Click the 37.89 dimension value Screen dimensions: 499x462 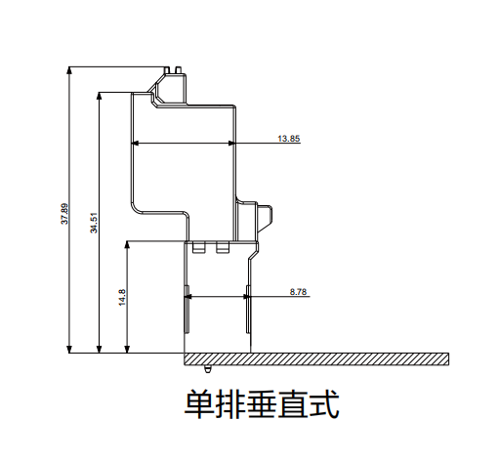[64, 214]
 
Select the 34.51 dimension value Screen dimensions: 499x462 [94, 223]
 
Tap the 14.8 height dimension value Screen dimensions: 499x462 [122, 297]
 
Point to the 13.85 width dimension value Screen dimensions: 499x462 [288, 139]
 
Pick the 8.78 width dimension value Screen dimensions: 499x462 [298, 292]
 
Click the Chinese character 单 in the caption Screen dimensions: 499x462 [199, 404]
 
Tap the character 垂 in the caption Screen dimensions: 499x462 [262, 404]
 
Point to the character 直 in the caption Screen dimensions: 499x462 [293, 404]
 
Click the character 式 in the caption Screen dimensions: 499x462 [324, 404]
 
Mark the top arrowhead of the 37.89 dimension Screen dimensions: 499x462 [69, 70]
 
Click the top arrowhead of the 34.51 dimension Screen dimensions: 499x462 [100, 97]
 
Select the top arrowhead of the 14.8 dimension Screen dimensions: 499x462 [127, 245]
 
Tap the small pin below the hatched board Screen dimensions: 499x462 [208, 369]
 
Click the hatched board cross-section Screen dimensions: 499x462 [316, 358]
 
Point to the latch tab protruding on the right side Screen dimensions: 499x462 [265, 219]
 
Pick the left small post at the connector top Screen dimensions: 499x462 [167, 70]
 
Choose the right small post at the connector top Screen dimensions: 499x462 [178, 70]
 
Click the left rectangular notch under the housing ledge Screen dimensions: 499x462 [199, 247]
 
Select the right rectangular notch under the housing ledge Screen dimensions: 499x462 [223, 247]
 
